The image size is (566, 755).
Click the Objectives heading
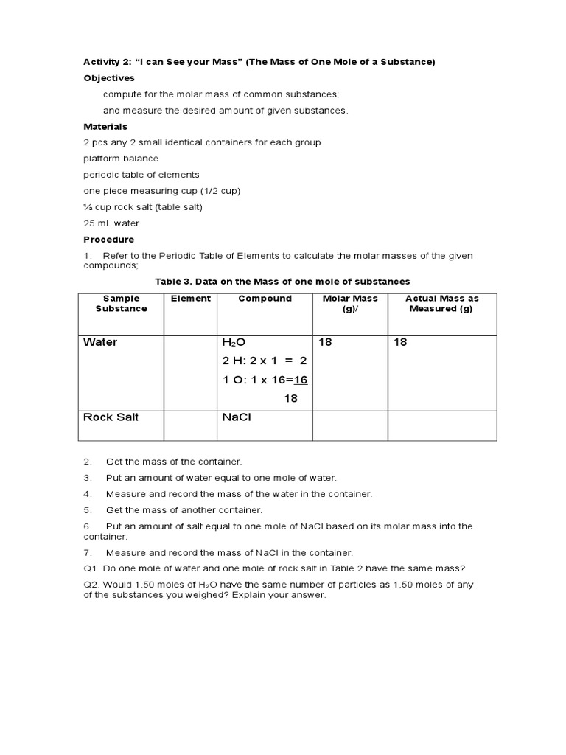(x=109, y=77)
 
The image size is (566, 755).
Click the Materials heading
(x=105, y=127)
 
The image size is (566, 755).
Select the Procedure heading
(x=108, y=240)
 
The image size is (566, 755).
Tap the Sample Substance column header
(x=121, y=304)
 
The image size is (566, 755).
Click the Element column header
(x=190, y=299)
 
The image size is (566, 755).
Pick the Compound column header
(x=265, y=299)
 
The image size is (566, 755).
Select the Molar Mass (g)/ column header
(x=350, y=304)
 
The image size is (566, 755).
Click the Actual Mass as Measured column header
(x=441, y=304)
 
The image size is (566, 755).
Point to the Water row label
(x=100, y=343)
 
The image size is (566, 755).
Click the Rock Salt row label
(x=111, y=417)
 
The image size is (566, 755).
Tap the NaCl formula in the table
(x=237, y=417)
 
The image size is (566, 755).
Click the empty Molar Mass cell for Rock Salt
(x=350, y=425)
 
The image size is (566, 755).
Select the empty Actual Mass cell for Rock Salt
(x=442, y=425)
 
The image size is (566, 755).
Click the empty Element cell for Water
(x=190, y=372)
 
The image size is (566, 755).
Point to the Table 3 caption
(x=282, y=282)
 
